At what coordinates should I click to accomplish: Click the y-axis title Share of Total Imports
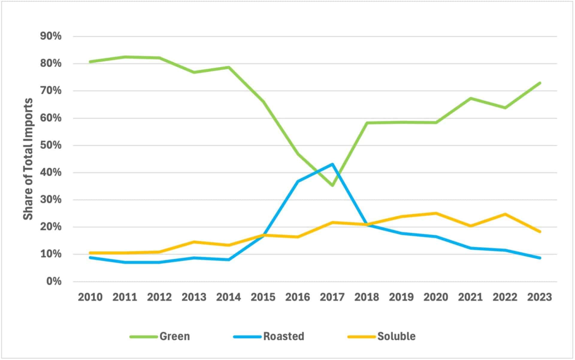point(28,159)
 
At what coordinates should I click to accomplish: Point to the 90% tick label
point(51,36)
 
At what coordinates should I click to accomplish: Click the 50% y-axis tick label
point(51,145)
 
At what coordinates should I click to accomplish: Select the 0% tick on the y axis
point(54,281)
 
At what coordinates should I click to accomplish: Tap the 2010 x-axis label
point(91,297)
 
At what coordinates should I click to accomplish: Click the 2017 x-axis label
point(333,297)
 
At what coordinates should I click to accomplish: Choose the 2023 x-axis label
point(540,297)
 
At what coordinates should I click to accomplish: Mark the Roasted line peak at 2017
point(333,164)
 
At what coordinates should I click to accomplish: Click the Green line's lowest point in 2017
point(333,185)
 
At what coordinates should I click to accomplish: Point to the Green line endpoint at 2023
point(540,83)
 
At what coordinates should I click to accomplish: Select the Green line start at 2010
point(91,62)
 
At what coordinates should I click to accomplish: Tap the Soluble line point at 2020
point(437,213)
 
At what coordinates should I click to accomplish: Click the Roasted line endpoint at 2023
point(540,258)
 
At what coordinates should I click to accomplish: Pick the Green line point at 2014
point(229,67)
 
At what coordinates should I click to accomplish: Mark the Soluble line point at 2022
point(505,214)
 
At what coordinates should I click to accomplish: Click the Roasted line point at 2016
point(298,181)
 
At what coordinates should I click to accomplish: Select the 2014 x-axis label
point(229,297)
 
